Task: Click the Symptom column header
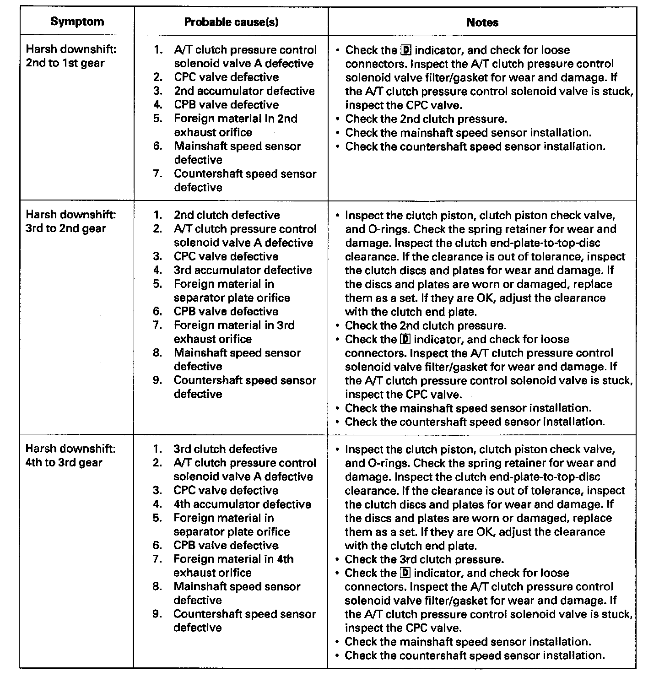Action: (77, 22)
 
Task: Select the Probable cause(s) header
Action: (231, 22)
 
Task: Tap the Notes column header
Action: (482, 22)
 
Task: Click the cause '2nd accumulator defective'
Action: (244, 91)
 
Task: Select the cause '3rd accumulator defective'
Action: (243, 270)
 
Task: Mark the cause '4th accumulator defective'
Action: (242, 504)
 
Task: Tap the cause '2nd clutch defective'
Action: (227, 215)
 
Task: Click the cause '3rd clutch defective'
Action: (225, 449)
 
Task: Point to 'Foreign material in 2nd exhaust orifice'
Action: (235, 125)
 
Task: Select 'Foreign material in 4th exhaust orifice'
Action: (233, 566)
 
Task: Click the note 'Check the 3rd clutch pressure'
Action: (424, 559)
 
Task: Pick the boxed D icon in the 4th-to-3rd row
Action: (405, 573)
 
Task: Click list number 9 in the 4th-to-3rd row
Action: (157, 614)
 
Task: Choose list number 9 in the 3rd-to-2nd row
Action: (157, 380)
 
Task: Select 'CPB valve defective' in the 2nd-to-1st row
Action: (226, 105)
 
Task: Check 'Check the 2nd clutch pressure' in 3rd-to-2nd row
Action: (425, 325)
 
